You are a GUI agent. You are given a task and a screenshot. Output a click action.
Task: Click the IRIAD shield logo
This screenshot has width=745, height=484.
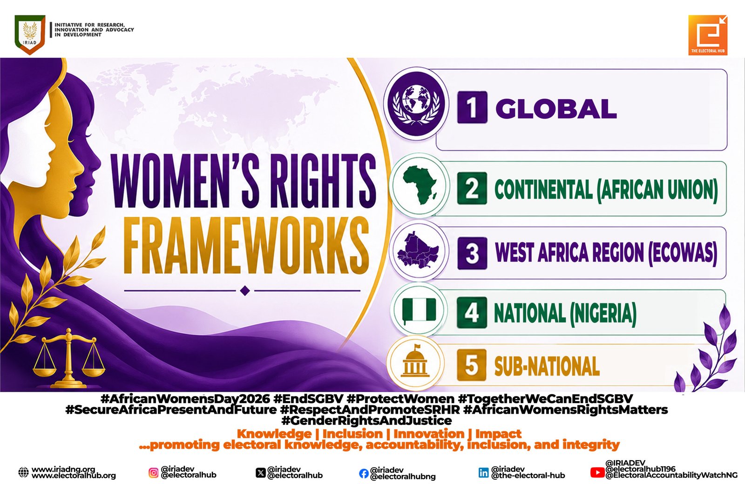pyautogui.click(x=30, y=34)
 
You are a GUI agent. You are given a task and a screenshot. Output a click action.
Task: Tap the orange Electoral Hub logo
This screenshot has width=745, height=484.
pyautogui.click(x=708, y=35)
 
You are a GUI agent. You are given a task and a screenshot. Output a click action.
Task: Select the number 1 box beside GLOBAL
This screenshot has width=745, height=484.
pyautogui.click(x=472, y=108)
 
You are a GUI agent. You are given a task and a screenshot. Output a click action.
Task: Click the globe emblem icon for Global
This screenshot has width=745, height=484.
pyautogui.click(x=416, y=103)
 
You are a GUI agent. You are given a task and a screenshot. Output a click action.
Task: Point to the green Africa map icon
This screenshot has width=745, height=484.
pyautogui.click(x=420, y=185)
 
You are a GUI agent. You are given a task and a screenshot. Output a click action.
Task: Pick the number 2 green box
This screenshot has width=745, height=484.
pyautogui.click(x=472, y=188)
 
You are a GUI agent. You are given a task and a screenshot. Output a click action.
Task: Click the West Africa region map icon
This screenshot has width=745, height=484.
pyautogui.click(x=418, y=250)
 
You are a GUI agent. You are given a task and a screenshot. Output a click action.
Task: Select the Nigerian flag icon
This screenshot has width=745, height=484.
pyautogui.click(x=419, y=310)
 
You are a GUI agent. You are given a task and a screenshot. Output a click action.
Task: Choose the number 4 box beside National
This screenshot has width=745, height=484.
pyautogui.click(x=472, y=313)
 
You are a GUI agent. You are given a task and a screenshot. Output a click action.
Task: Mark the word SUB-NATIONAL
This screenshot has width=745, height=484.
pyautogui.click(x=547, y=366)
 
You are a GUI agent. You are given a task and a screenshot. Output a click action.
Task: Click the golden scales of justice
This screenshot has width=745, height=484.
pyautogui.click(x=68, y=358)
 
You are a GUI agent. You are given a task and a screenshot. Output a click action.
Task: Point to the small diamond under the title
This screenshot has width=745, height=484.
pyautogui.click(x=245, y=290)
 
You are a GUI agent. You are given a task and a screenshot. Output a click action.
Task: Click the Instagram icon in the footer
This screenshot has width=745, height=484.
pyautogui.click(x=153, y=472)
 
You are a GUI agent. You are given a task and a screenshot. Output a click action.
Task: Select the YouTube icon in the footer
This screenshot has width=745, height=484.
pyautogui.click(x=597, y=472)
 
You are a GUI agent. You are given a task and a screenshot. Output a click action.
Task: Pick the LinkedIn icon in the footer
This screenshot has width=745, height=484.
pyautogui.click(x=483, y=472)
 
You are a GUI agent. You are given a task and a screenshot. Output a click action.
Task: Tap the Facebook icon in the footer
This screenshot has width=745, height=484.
pyautogui.click(x=364, y=473)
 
